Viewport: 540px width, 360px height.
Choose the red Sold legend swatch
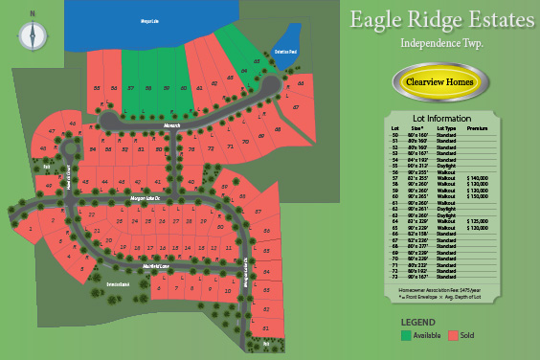pos(453,336)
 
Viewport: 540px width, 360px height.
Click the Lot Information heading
pos(443,117)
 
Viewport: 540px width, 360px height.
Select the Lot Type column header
pos(446,126)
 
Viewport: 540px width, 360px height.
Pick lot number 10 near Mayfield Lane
pos(226,288)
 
